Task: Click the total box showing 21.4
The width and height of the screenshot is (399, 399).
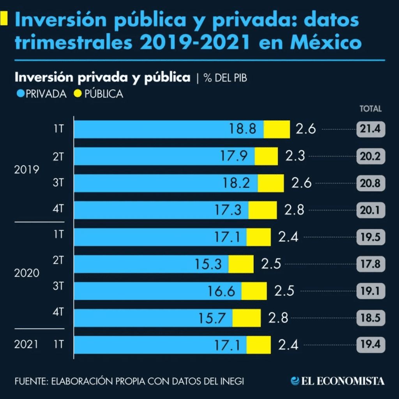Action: [x=371, y=129]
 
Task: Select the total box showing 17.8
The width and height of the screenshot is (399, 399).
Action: [x=371, y=264]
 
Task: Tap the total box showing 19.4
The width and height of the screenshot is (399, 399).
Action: [x=371, y=344]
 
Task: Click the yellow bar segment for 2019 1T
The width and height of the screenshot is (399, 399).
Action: [x=277, y=129]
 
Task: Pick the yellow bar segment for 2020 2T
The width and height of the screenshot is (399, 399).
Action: [x=241, y=264]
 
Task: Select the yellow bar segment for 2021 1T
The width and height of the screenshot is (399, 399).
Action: [x=258, y=344]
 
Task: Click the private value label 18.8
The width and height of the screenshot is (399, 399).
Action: [x=242, y=129]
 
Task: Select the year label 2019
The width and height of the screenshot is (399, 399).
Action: [x=27, y=170]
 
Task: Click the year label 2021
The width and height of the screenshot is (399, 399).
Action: [x=27, y=344]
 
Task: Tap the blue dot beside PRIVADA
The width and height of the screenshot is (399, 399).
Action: [x=21, y=94]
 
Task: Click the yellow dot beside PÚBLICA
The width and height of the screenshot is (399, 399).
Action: [x=78, y=94]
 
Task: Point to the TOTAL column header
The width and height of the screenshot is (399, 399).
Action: [x=370, y=109]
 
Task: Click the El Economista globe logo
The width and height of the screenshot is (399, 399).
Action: [x=295, y=381]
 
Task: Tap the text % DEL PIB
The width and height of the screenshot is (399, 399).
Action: [x=225, y=78]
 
